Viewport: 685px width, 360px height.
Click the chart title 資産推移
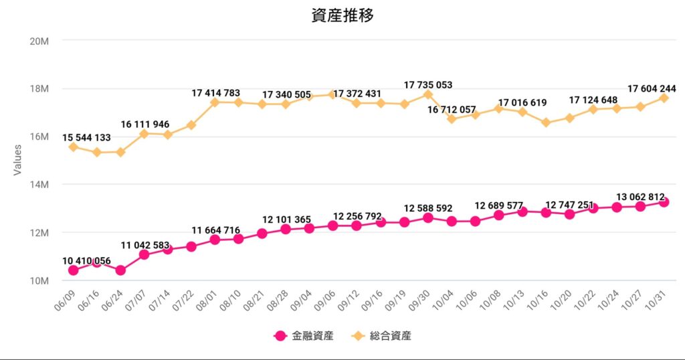[342, 15]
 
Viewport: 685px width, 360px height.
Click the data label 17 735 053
[428, 85]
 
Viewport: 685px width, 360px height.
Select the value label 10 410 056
[87, 260]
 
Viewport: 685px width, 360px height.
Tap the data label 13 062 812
[641, 197]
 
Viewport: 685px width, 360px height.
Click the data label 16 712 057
[452, 108]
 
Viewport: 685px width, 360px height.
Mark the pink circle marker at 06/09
[73, 270]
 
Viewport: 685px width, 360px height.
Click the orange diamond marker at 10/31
[664, 98]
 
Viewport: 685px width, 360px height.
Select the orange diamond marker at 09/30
[427, 94]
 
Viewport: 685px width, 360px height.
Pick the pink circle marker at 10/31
[664, 202]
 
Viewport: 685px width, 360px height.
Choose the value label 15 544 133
[87, 137]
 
